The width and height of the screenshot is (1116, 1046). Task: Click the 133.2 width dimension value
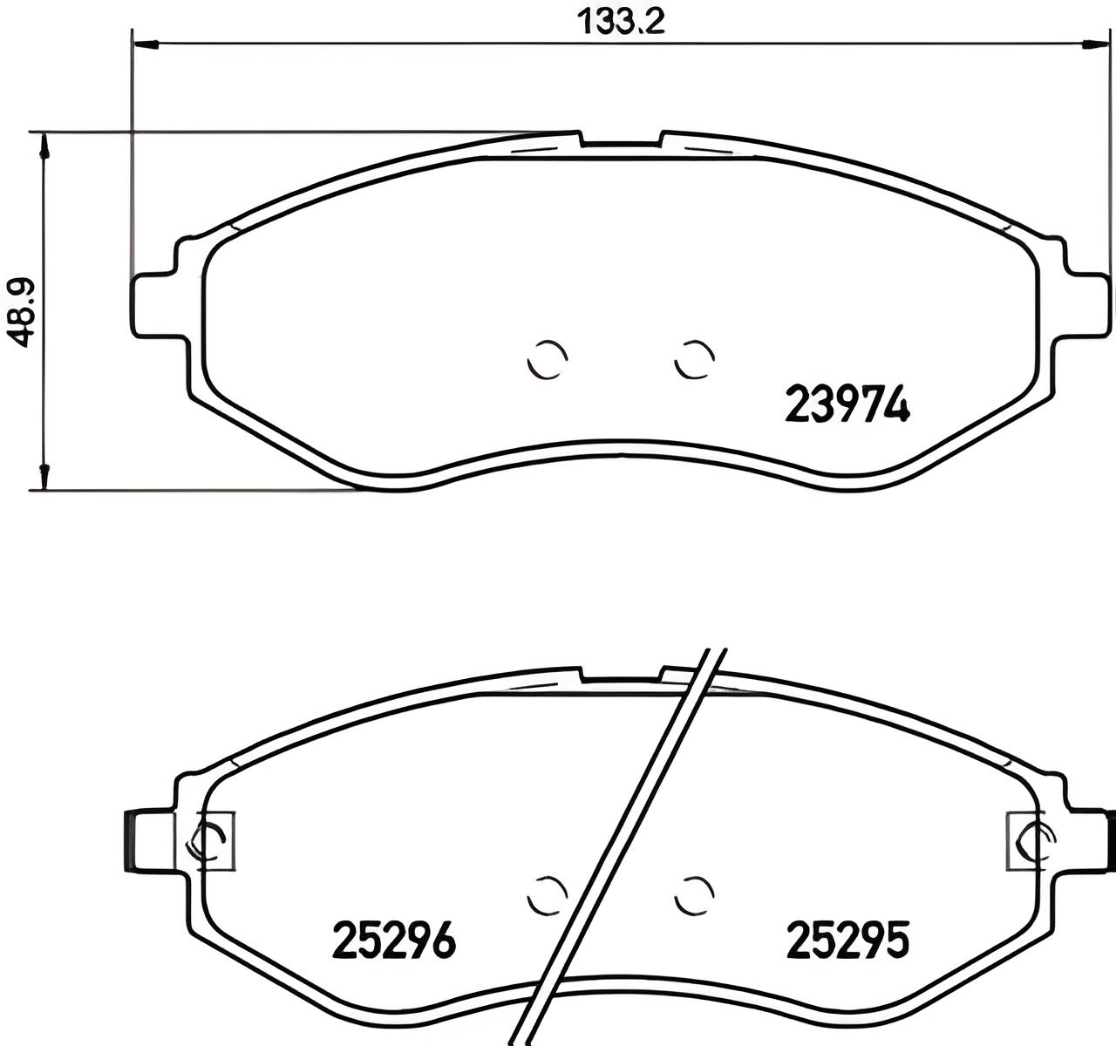coord(621,20)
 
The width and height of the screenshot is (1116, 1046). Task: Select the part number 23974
coord(847,404)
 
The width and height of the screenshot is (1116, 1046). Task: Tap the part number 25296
coord(394,941)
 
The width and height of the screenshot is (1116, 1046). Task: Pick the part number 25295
coord(847,941)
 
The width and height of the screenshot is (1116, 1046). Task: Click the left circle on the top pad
coord(548,358)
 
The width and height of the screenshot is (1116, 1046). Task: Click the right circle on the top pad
coord(695,358)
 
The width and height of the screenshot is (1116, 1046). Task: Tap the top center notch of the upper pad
coord(621,142)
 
